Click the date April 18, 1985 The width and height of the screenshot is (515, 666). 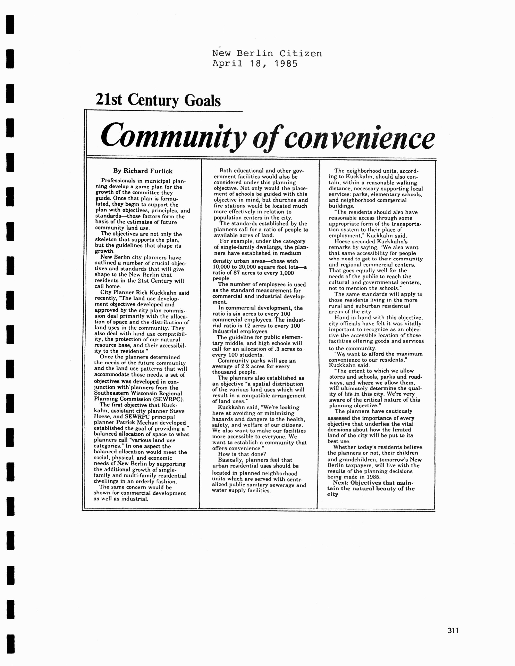click(x=255, y=64)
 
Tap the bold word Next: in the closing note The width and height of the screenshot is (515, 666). click(x=340, y=483)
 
